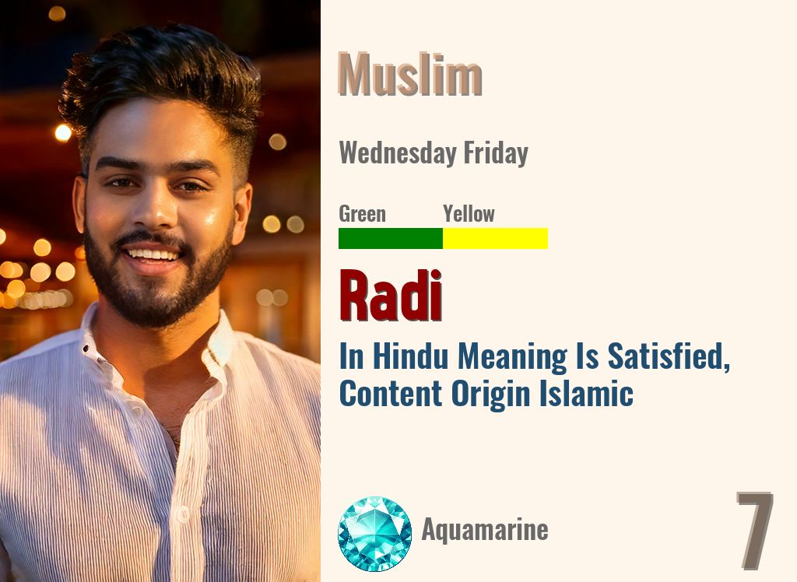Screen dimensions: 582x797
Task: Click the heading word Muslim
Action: click(x=410, y=75)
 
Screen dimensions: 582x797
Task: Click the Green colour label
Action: click(x=362, y=213)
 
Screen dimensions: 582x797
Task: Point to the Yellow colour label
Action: click(x=469, y=213)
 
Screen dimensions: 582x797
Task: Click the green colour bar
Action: click(x=390, y=238)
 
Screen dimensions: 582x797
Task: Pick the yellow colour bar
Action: click(x=495, y=238)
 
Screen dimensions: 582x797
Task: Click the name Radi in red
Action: click(x=391, y=296)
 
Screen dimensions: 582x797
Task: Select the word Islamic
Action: click(x=585, y=393)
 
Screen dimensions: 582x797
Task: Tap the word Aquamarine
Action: click(x=485, y=530)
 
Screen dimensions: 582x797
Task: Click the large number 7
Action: click(x=754, y=530)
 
